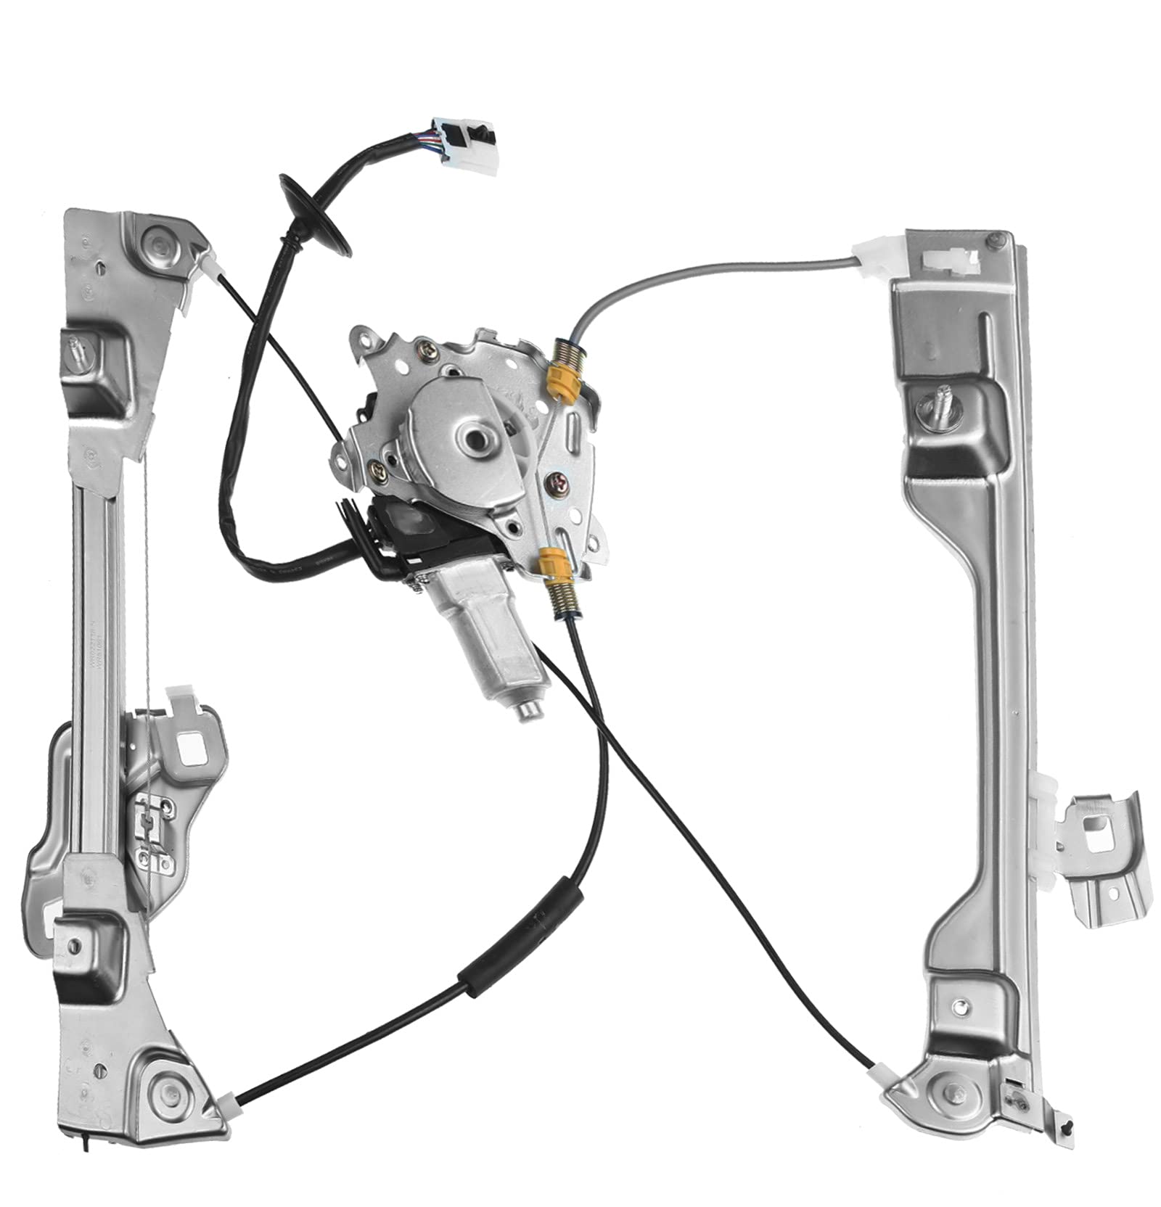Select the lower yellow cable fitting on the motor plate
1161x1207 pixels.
click(x=552, y=563)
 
